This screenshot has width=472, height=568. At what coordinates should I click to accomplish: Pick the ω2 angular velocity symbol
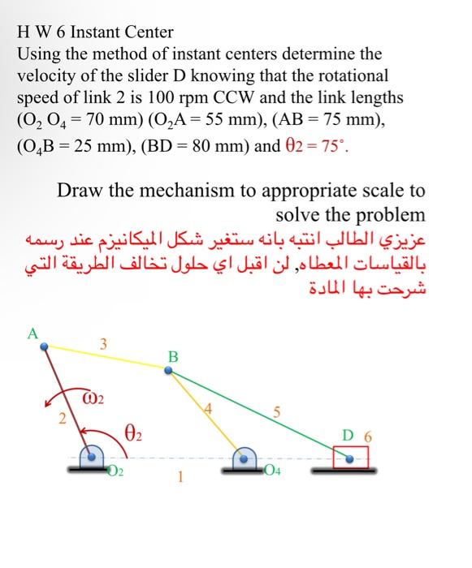97,399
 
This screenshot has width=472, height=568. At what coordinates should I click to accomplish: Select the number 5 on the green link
278,414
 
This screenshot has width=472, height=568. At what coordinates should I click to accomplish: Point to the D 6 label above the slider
357,436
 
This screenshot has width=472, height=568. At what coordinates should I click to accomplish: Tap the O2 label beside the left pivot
115,472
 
